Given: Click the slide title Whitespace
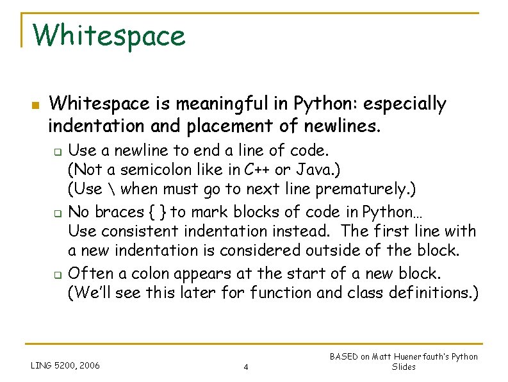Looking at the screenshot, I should point(109,36).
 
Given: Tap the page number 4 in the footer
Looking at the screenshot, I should point(246,367).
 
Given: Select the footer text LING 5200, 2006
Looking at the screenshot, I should point(65,365).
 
